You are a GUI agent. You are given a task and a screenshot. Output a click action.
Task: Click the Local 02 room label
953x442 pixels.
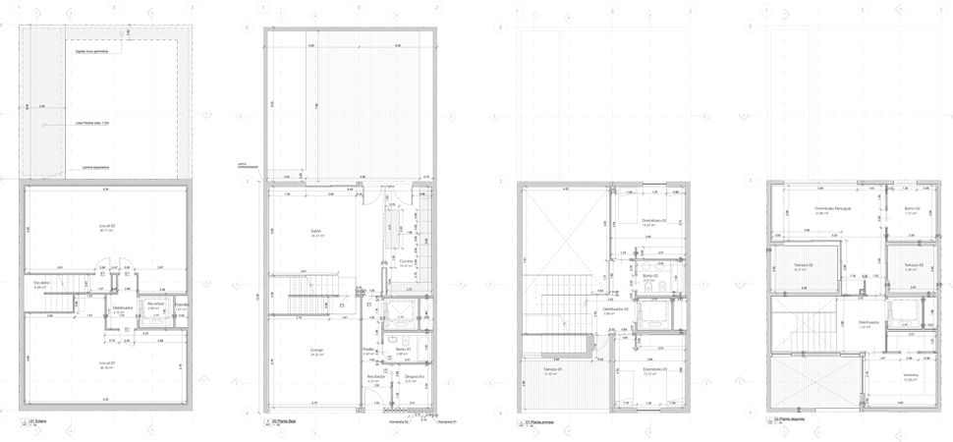click(105, 226)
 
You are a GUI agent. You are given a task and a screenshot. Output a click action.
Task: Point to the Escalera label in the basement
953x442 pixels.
click(40, 284)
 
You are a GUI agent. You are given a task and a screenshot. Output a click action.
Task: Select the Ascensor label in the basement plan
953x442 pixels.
click(155, 304)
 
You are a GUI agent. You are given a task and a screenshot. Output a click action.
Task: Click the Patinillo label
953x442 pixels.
click(181, 305)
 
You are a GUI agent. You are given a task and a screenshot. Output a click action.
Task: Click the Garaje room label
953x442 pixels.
click(317, 350)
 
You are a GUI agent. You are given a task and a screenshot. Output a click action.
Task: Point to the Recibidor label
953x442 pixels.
click(374, 377)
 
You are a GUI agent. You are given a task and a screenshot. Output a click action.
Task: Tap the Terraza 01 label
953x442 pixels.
click(550, 369)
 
